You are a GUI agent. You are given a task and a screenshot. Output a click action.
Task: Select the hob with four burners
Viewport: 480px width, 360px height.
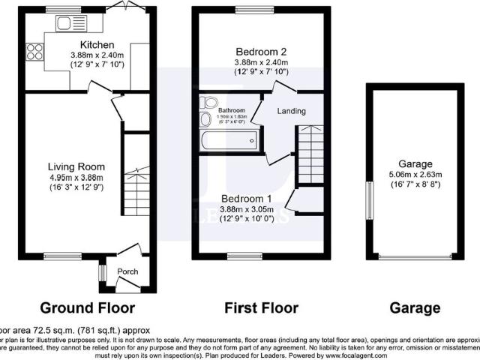click(x=34, y=52)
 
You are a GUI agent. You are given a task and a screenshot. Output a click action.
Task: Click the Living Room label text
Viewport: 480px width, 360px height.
click(x=76, y=166)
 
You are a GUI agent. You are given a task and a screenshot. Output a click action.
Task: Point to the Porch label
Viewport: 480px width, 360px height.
click(x=130, y=271)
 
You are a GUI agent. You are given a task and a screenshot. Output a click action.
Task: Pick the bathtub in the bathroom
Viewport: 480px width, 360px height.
click(x=229, y=139)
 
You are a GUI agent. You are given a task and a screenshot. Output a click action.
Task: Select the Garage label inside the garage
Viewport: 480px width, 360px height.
click(x=416, y=164)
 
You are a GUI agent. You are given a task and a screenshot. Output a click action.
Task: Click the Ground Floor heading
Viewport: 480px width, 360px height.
click(x=87, y=307)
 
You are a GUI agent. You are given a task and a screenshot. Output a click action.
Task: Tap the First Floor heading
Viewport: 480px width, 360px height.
click(x=262, y=307)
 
